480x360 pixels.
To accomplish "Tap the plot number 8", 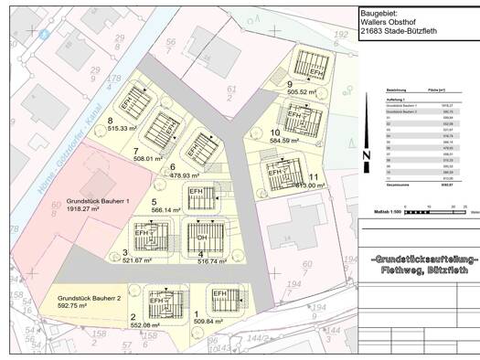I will tap(110, 120).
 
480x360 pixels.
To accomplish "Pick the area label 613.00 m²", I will tap(304, 185).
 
